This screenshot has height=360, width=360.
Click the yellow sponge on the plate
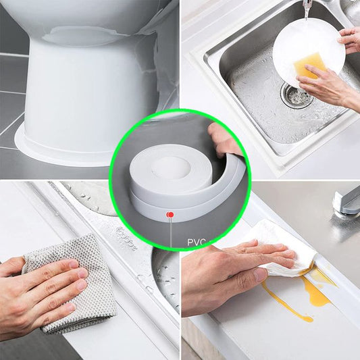click(307, 66)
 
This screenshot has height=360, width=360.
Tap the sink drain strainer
click(297, 95)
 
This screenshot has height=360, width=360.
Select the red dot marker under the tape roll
click(170, 215)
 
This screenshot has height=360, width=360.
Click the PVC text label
click(197, 242)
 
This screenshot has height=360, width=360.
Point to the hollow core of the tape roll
click(171, 166)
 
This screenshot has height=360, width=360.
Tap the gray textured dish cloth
click(71, 284)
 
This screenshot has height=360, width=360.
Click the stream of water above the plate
click(306, 10)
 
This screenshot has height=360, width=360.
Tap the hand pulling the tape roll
click(222, 140)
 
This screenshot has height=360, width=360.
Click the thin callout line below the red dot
click(171, 232)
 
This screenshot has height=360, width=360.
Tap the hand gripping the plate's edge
click(350, 40)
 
